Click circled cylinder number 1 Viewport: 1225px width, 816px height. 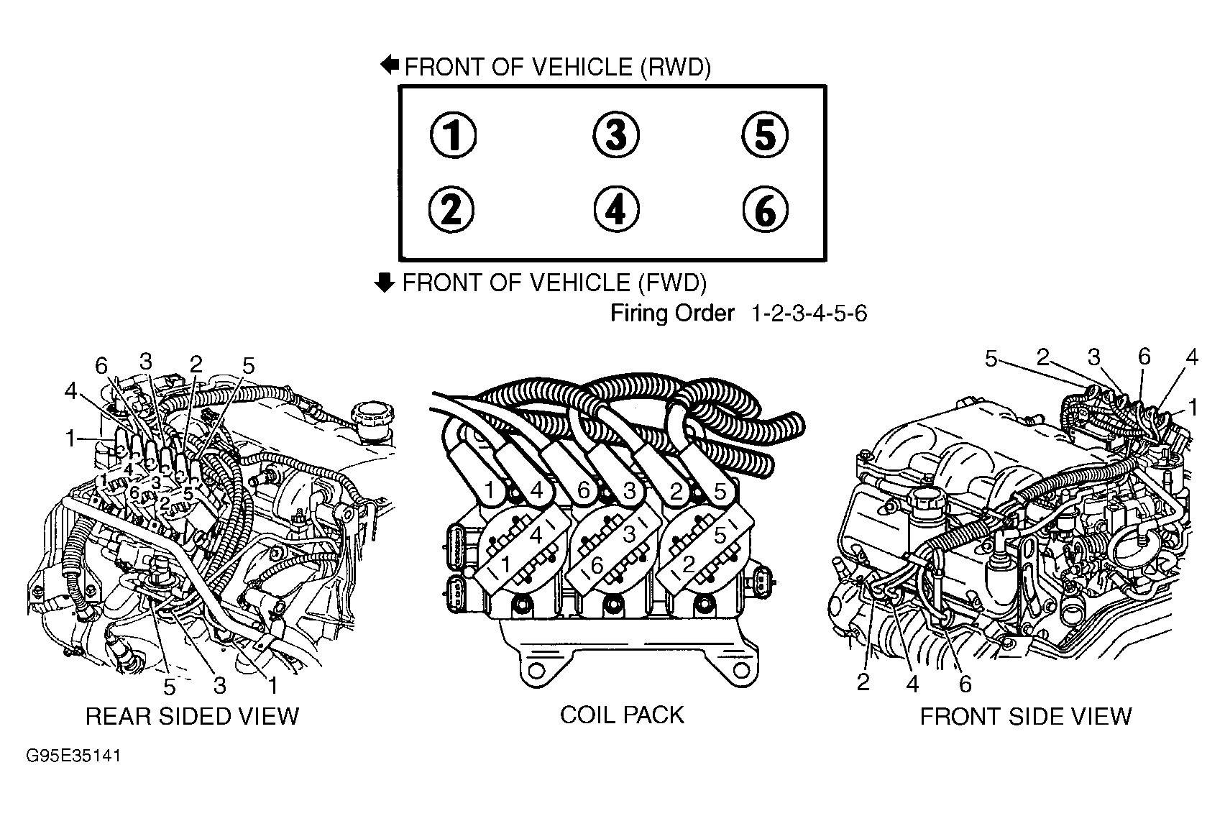click(x=452, y=136)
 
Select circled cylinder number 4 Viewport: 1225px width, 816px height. click(x=616, y=210)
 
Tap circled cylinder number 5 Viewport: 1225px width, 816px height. click(x=765, y=135)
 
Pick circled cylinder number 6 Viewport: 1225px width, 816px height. click(x=765, y=210)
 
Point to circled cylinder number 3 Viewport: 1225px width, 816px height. click(x=616, y=135)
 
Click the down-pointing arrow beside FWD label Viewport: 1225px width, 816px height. click(x=386, y=283)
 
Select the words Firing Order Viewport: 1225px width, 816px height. click(x=672, y=313)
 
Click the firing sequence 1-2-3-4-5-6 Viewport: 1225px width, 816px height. click(x=809, y=313)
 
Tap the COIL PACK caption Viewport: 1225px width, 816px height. click(x=622, y=715)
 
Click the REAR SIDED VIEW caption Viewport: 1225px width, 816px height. click(x=192, y=716)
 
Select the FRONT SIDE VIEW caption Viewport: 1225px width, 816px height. click(x=1026, y=716)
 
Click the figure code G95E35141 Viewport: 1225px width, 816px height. click(x=73, y=757)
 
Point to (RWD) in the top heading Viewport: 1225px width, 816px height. click(x=674, y=67)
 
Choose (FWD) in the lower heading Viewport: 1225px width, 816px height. click(x=672, y=283)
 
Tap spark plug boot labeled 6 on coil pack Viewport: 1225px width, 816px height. click(x=584, y=490)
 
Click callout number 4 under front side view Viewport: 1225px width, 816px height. click(x=912, y=684)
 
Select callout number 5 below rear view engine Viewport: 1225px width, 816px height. click(x=169, y=687)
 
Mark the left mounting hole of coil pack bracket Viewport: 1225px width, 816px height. click(x=534, y=673)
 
